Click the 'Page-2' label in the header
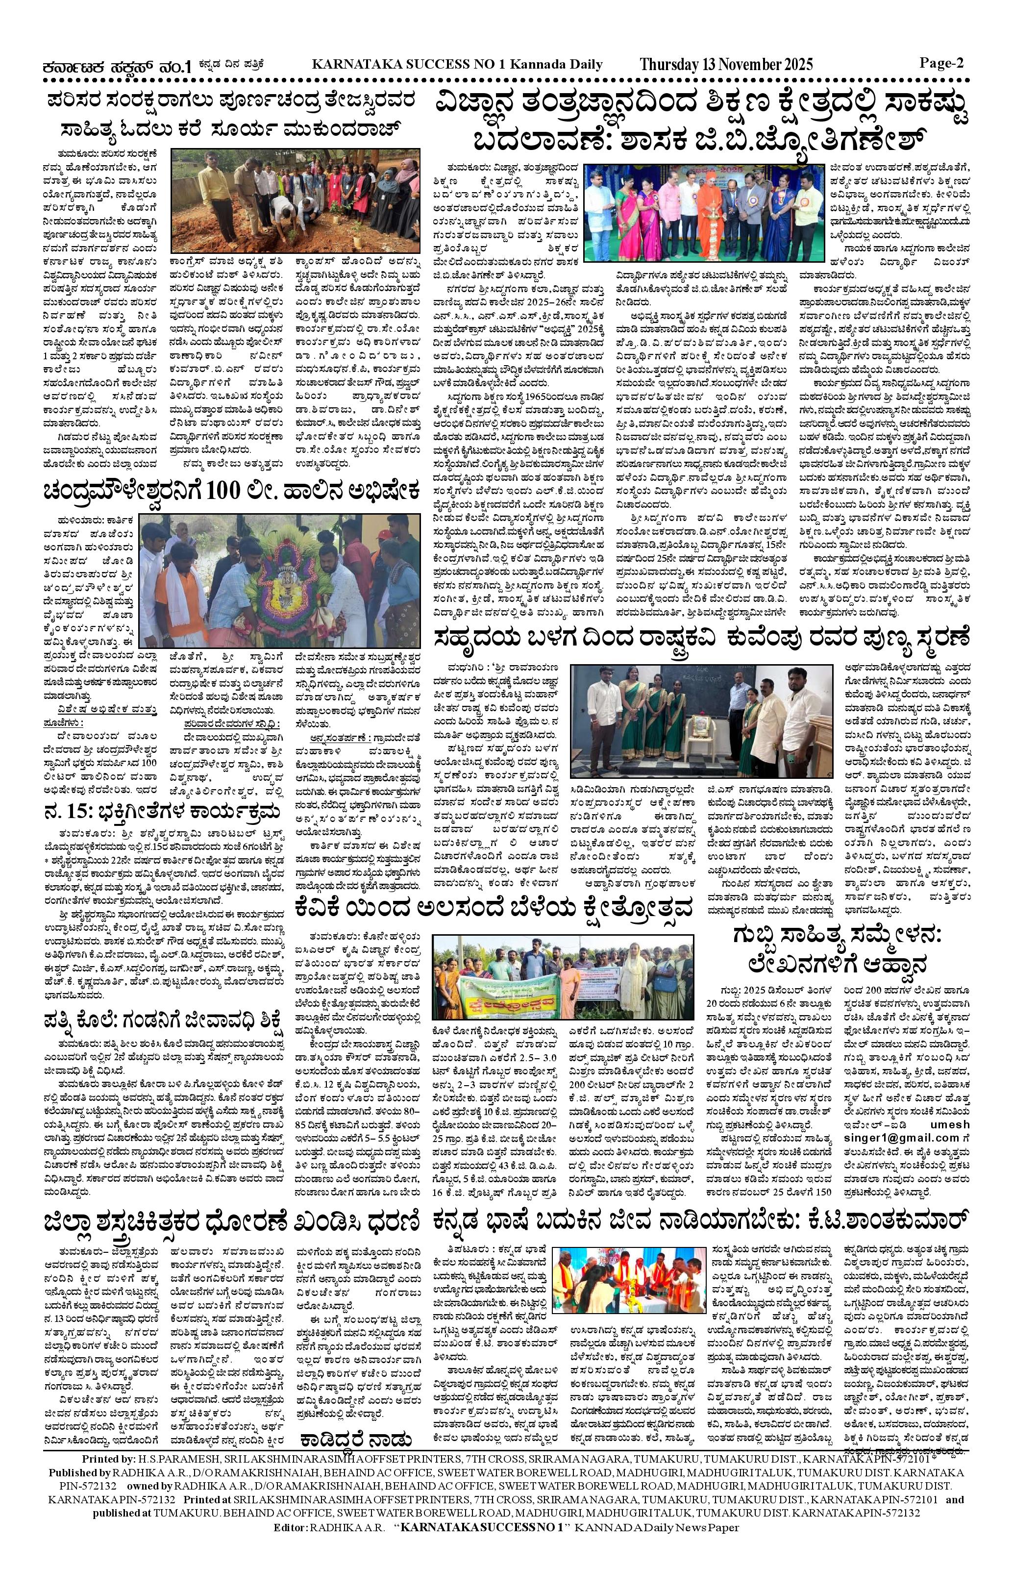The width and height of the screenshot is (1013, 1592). pos(941,63)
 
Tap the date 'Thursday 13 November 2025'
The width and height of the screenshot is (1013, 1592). pos(726,65)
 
